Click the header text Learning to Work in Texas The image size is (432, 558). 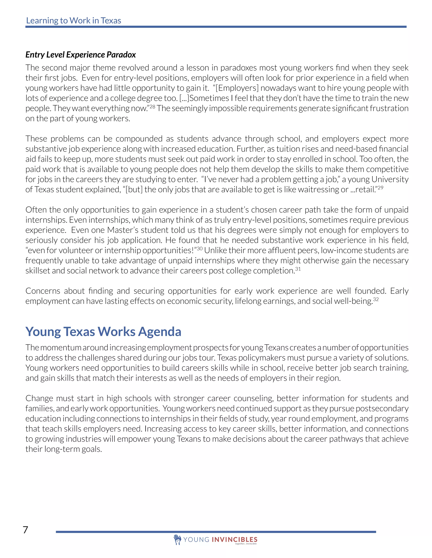coord(73,20)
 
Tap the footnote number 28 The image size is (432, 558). coord(153,107)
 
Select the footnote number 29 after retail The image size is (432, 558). coord(381,188)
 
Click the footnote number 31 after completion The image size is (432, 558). coord(298,269)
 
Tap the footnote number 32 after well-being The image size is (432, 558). coord(376,299)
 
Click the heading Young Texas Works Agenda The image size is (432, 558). coord(103,332)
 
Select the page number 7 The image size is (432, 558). coord(26,530)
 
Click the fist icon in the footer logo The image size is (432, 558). coord(177,539)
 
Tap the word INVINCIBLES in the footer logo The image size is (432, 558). coord(234,539)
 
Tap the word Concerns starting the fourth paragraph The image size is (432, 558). coord(43,291)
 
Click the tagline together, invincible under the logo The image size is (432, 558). coord(246,544)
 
